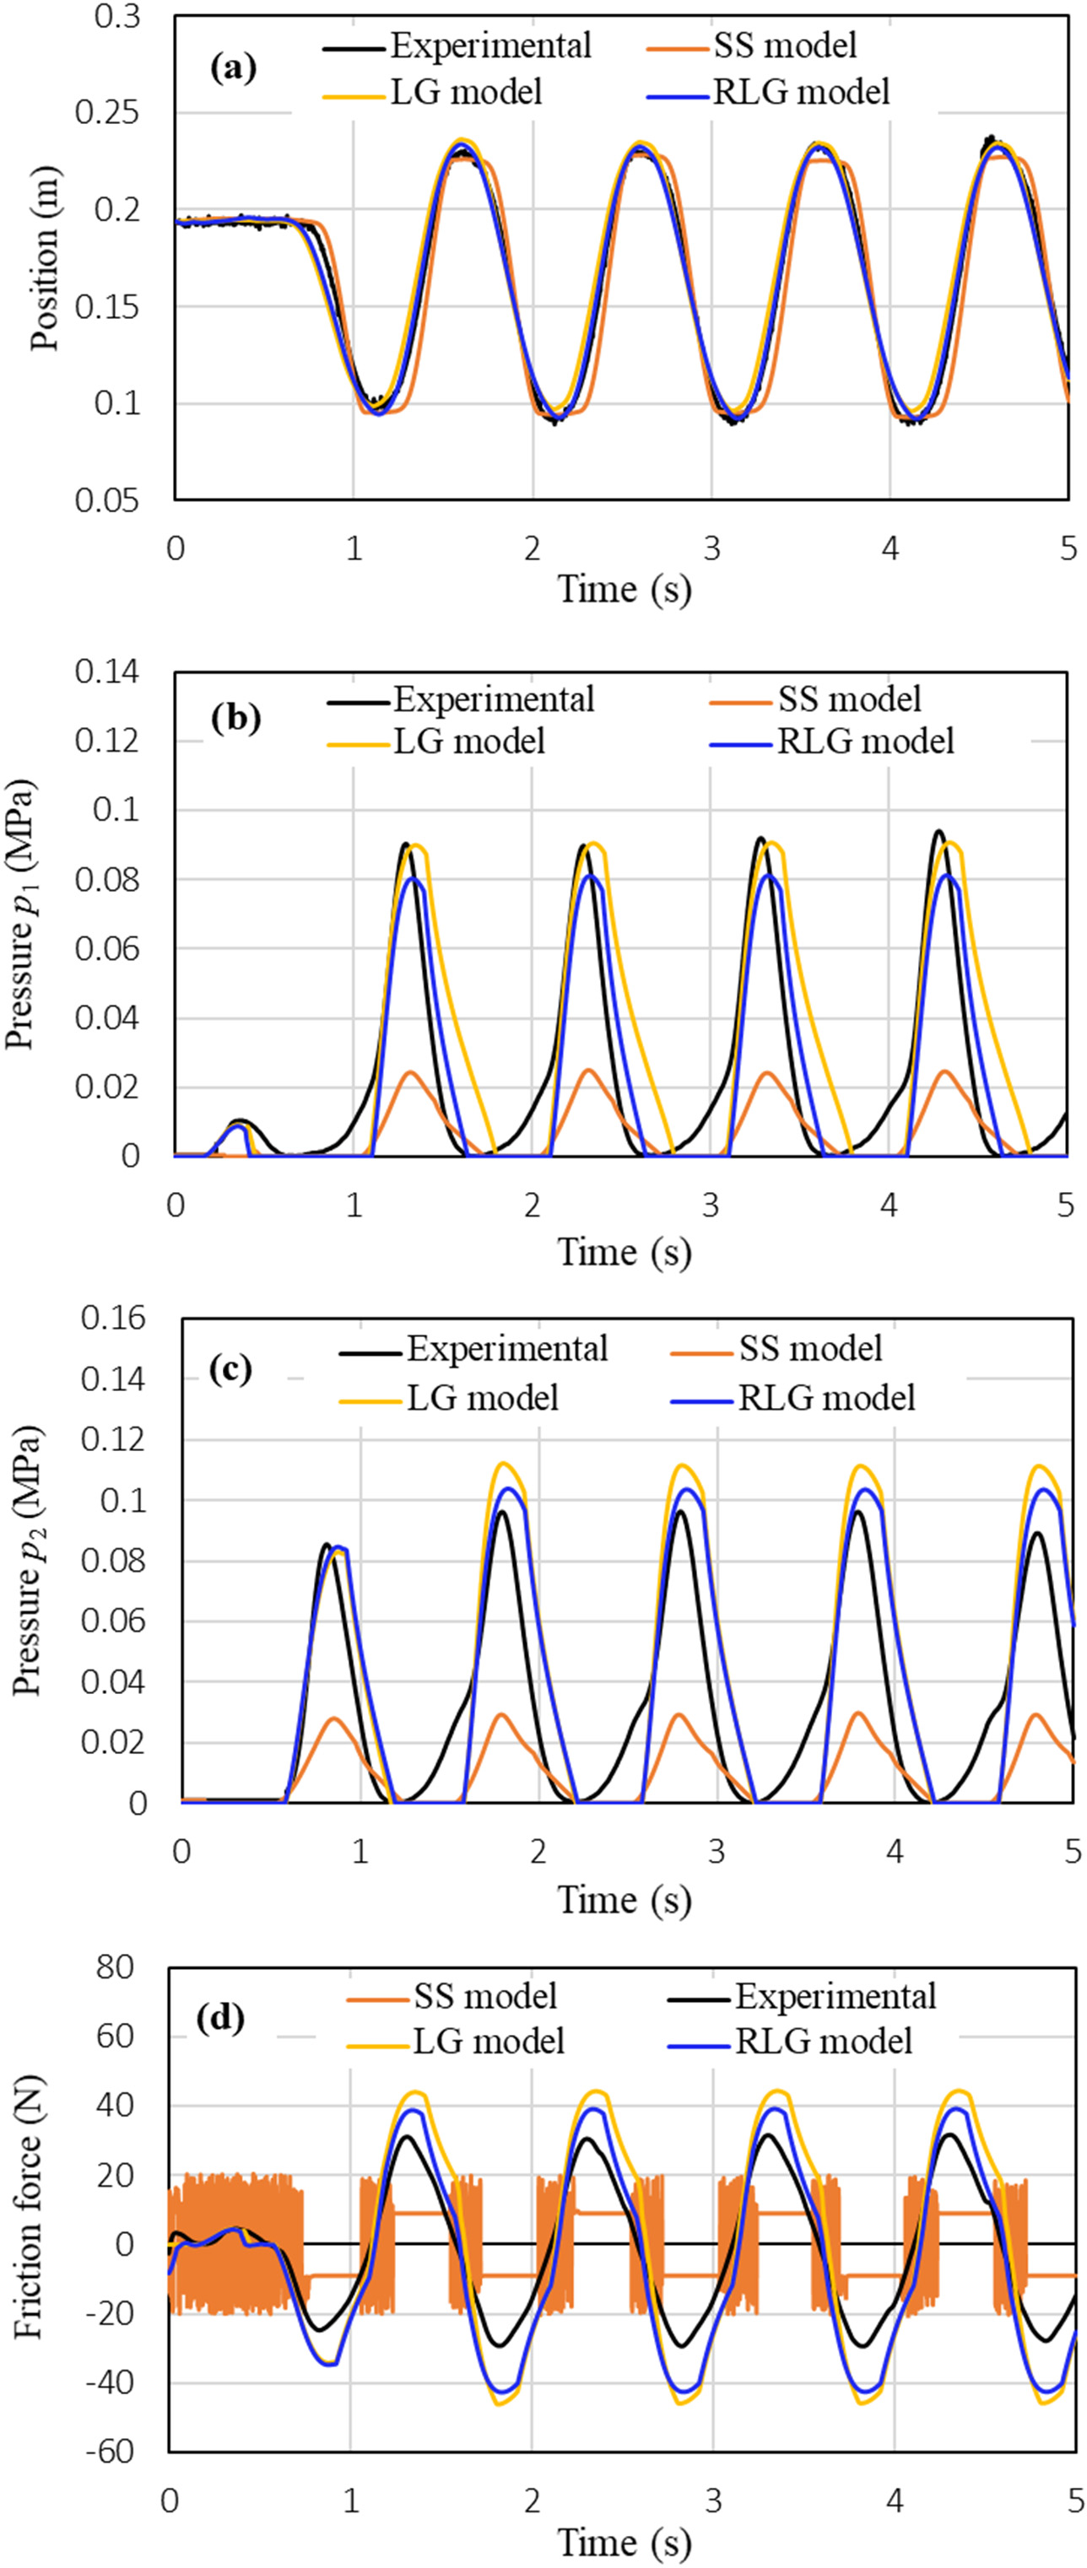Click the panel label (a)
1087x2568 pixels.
click(x=234, y=69)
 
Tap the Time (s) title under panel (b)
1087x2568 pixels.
click(x=624, y=1251)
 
